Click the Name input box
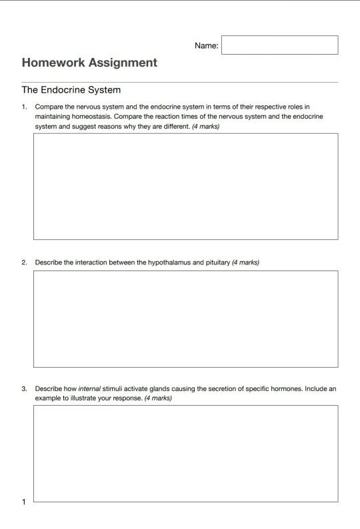(279, 45)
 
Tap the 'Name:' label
(206, 46)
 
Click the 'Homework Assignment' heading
(89, 63)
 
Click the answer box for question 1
(185, 186)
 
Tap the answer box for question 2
(185, 318)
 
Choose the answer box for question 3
(185, 453)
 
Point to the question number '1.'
(24, 107)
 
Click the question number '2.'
(24, 263)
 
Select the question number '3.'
(24, 388)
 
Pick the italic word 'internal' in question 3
(89, 388)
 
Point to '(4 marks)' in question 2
(245, 263)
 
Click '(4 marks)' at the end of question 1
(205, 127)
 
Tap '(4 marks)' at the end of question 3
(158, 398)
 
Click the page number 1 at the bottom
(24, 502)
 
